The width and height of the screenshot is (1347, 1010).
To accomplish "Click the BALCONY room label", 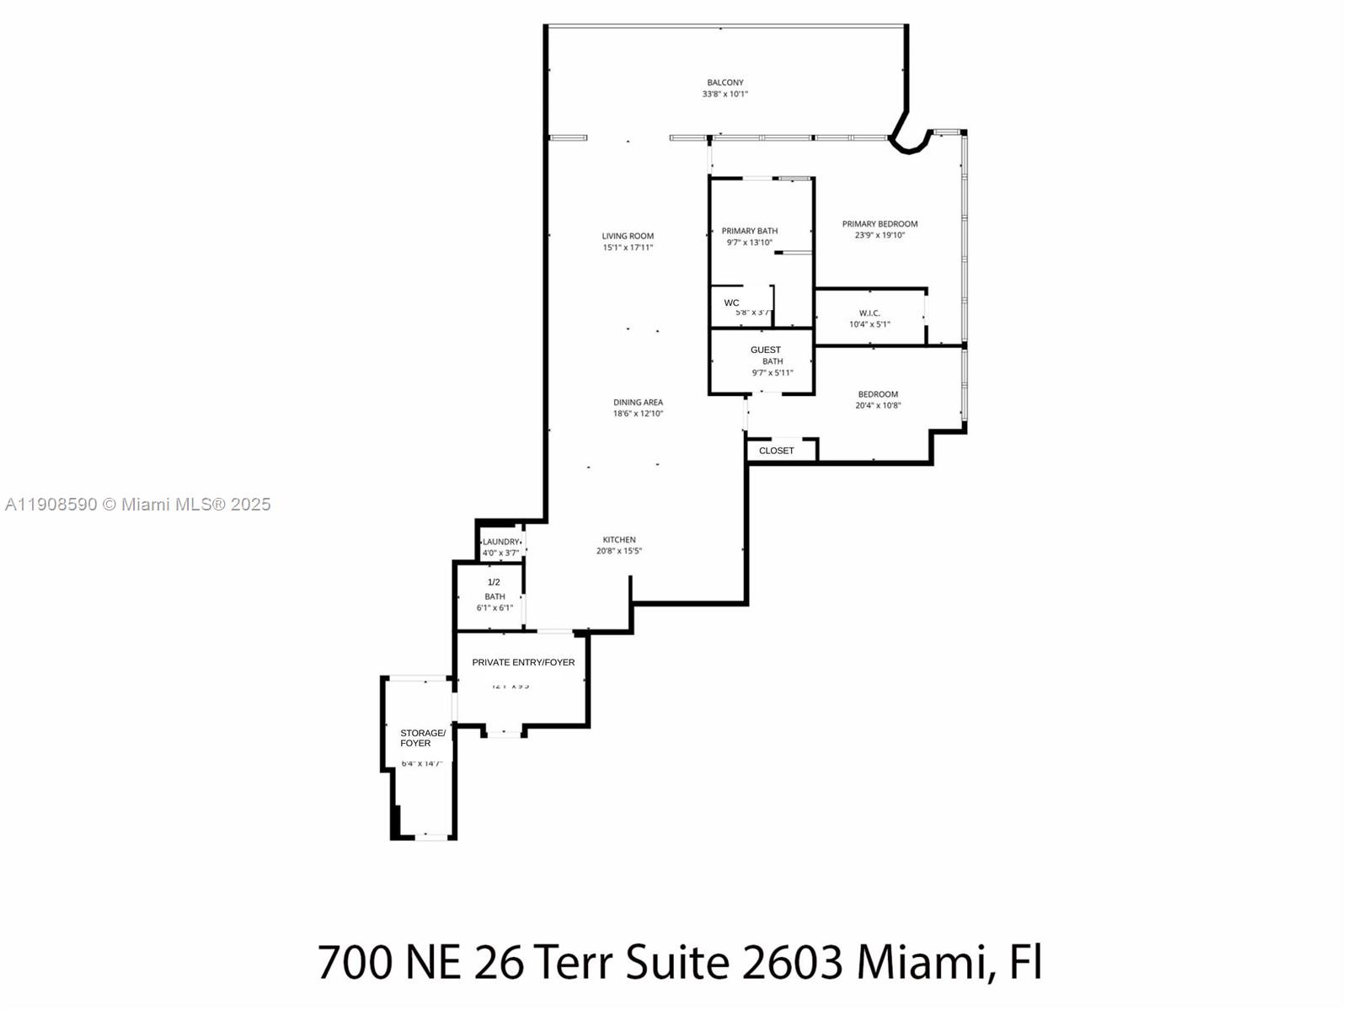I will click(724, 83).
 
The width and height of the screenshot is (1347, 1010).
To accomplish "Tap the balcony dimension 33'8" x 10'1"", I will click(724, 94).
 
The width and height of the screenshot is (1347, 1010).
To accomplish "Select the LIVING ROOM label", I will click(628, 236).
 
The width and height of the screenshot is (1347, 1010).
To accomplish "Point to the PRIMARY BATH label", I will click(749, 231).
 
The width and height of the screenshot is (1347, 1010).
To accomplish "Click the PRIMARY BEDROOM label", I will click(879, 224).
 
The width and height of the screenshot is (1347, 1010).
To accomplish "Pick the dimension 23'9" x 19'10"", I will click(879, 236).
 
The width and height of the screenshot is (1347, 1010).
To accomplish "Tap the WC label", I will click(731, 303).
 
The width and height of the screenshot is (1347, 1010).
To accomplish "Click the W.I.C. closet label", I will click(869, 313).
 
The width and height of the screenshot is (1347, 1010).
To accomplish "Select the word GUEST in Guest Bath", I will click(765, 350).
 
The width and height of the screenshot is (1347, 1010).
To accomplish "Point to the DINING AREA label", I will click(638, 403).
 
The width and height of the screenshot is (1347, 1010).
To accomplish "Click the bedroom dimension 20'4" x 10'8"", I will click(878, 406).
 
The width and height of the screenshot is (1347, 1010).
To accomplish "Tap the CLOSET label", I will click(776, 451).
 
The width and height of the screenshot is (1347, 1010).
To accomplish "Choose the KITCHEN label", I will click(618, 540).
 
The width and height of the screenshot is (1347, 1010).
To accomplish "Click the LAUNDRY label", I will click(501, 542).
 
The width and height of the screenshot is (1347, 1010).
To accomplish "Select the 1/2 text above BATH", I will click(494, 582).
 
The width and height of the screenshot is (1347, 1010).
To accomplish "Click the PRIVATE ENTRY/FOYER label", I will click(523, 662).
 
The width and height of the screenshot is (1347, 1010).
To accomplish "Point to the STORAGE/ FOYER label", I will click(421, 738).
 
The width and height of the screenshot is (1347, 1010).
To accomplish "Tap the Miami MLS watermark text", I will click(137, 505).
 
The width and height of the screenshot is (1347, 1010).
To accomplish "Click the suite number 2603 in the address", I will click(791, 962).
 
